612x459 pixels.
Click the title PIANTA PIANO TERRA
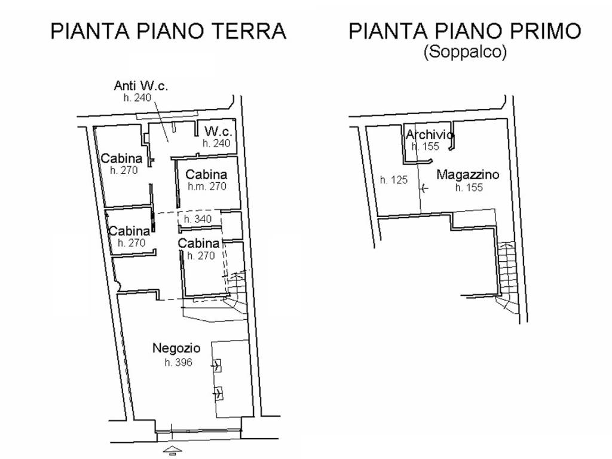[x=169, y=31]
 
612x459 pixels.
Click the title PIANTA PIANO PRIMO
[x=465, y=31]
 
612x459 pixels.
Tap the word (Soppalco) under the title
[x=465, y=52]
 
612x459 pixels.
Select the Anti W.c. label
[x=141, y=85]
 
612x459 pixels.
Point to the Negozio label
[x=176, y=348]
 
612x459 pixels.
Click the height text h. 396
[x=179, y=362]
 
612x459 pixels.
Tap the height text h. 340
[x=198, y=219]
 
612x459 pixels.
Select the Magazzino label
[x=467, y=175]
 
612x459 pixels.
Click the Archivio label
[x=430, y=134]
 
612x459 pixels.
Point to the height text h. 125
[x=394, y=179]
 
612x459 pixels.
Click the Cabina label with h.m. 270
[x=206, y=175]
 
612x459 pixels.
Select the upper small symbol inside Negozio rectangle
[x=217, y=365]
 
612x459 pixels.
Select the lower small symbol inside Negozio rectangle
[x=218, y=393]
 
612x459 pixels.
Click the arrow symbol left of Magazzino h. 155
[x=424, y=189]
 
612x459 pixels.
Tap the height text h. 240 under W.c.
[x=216, y=143]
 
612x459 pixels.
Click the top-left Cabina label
[x=122, y=158]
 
